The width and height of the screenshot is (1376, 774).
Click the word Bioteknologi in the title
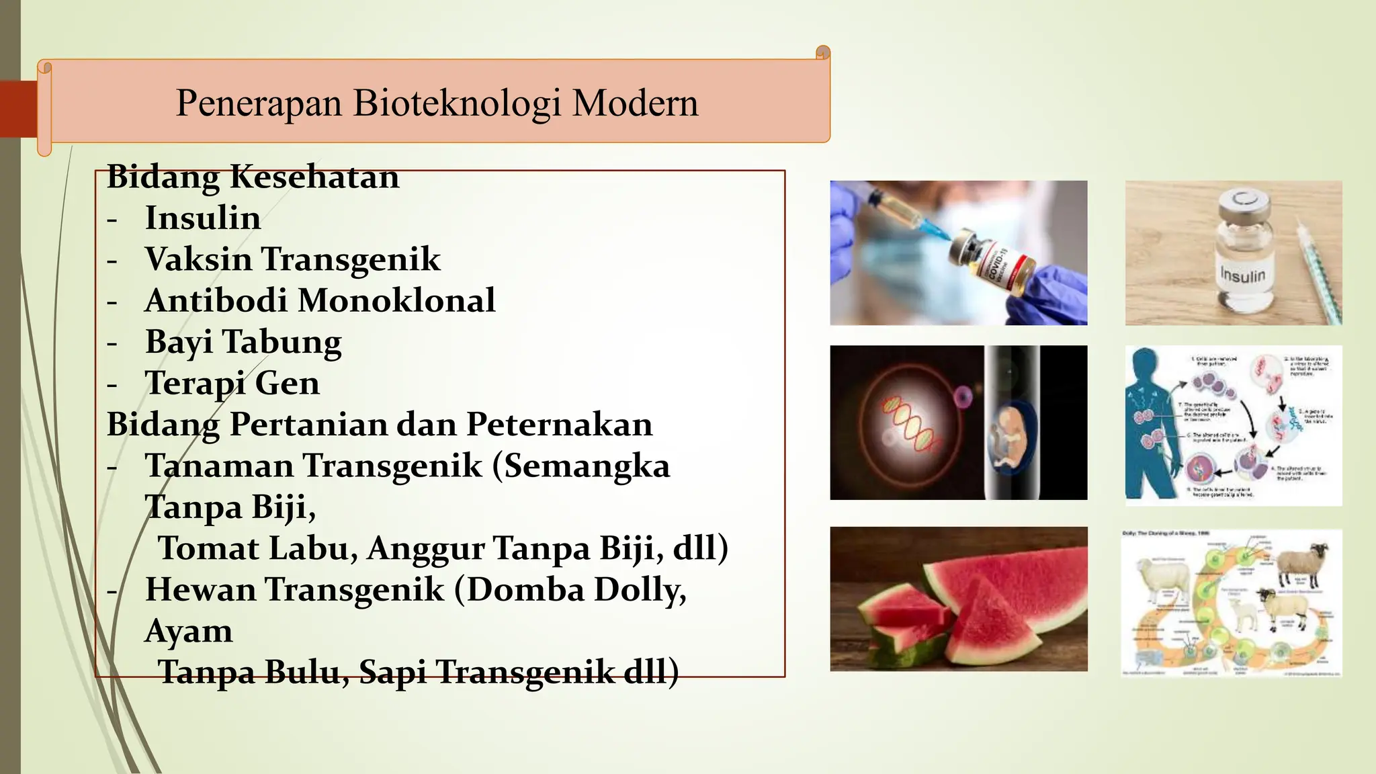(x=457, y=103)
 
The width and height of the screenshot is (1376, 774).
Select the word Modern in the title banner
(x=635, y=103)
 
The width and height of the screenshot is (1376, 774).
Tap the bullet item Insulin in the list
(x=203, y=218)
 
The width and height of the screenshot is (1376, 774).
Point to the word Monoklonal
(x=396, y=300)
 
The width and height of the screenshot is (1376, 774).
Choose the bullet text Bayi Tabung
(x=243, y=342)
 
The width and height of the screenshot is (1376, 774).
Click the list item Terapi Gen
(x=232, y=384)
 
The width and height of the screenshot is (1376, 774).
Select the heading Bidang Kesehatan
(x=253, y=177)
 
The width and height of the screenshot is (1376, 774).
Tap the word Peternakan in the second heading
(x=559, y=425)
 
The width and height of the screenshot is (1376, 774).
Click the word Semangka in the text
(x=587, y=466)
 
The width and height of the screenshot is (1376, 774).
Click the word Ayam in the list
(x=189, y=631)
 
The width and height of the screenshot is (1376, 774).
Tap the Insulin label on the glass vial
(x=1242, y=275)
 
